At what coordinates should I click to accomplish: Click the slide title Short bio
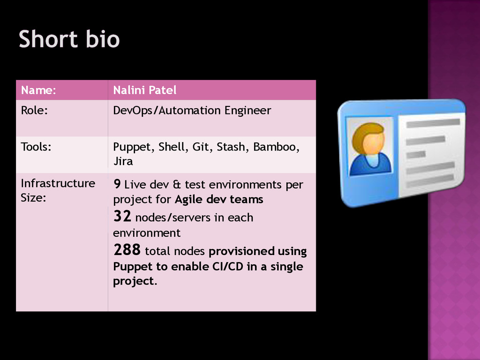(x=69, y=39)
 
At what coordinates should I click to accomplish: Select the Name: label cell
(x=38, y=90)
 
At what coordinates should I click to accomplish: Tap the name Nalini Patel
(x=144, y=90)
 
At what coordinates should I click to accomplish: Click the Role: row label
(x=34, y=111)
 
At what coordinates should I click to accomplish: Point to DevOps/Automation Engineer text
(x=192, y=111)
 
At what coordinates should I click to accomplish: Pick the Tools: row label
(x=36, y=147)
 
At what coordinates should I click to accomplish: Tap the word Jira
(x=123, y=162)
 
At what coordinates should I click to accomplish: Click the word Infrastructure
(x=58, y=183)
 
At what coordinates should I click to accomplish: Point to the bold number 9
(x=118, y=184)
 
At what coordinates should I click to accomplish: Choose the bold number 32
(x=123, y=217)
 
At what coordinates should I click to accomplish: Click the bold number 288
(x=127, y=250)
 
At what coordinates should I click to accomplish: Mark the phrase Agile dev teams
(x=219, y=200)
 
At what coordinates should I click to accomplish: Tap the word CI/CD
(x=227, y=267)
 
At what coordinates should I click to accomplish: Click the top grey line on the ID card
(x=433, y=123)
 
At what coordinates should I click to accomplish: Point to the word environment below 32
(x=146, y=233)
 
